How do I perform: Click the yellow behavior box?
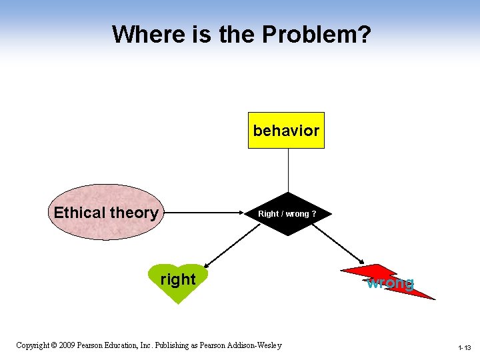pos(286,130)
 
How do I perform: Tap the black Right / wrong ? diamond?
pos(287,214)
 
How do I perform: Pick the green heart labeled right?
pos(178,281)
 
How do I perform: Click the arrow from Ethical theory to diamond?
pos(203,213)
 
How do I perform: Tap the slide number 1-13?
pos(464,347)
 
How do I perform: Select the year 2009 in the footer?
pos(69,345)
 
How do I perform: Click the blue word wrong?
pos(390,283)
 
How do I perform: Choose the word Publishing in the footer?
pos(175,345)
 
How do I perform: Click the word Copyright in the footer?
pos(32,345)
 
